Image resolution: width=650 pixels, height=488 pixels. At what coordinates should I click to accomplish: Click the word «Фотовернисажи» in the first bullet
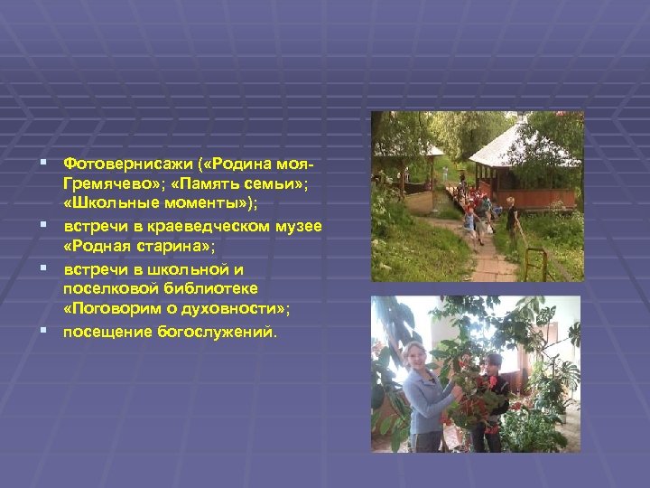pos(116,164)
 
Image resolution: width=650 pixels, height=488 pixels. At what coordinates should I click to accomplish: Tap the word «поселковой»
pos(107,286)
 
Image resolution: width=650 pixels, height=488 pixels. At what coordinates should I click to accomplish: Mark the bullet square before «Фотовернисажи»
pos(44,164)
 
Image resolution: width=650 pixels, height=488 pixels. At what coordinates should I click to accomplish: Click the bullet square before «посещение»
pos(44,331)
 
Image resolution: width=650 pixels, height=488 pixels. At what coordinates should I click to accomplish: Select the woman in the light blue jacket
pos(420,389)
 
